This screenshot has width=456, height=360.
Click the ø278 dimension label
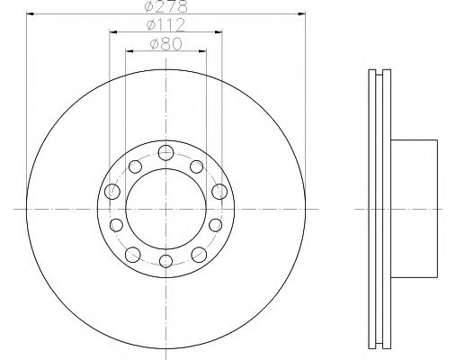click(x=166, y=7)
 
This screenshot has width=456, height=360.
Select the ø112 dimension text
click(x=167, y=25)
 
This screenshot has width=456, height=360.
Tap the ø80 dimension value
click(x=167, y=43)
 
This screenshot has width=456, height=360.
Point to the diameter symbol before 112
click(x=154, y=25)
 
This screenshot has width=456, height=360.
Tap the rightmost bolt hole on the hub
click(x=219, y=191)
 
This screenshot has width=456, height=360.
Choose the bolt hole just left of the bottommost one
click(x=132, y=252)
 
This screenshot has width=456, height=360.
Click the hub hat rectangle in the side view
click(x=415, y=208)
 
